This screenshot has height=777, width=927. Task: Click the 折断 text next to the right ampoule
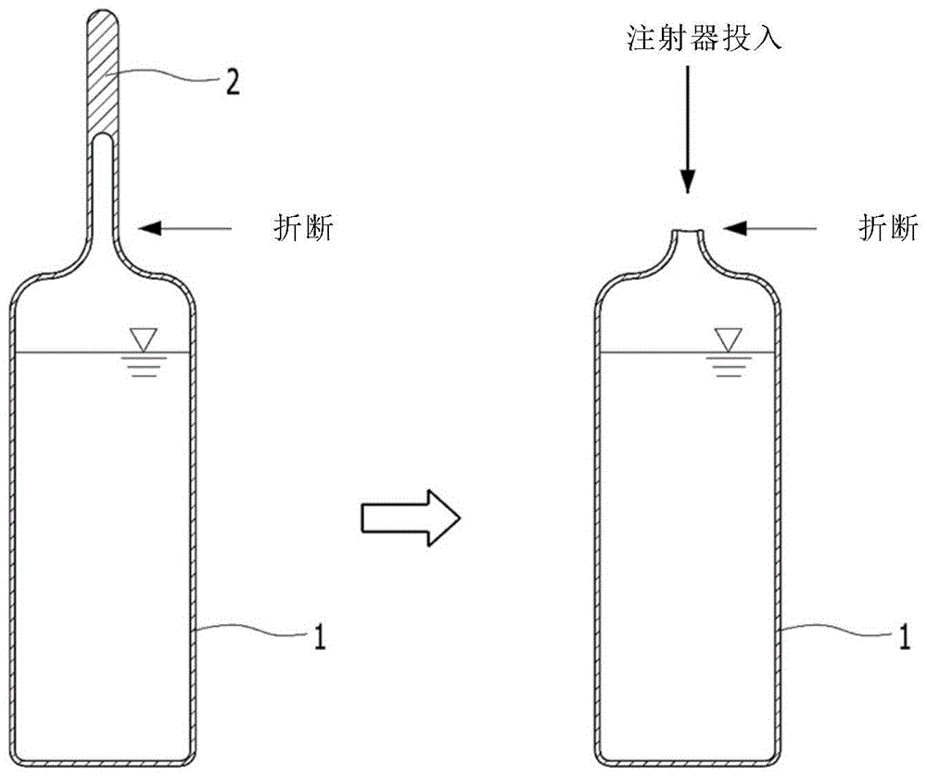887,226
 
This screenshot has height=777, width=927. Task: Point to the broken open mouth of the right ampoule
686,234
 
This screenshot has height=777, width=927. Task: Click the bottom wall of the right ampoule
687,763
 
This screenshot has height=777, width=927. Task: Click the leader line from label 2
167,78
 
